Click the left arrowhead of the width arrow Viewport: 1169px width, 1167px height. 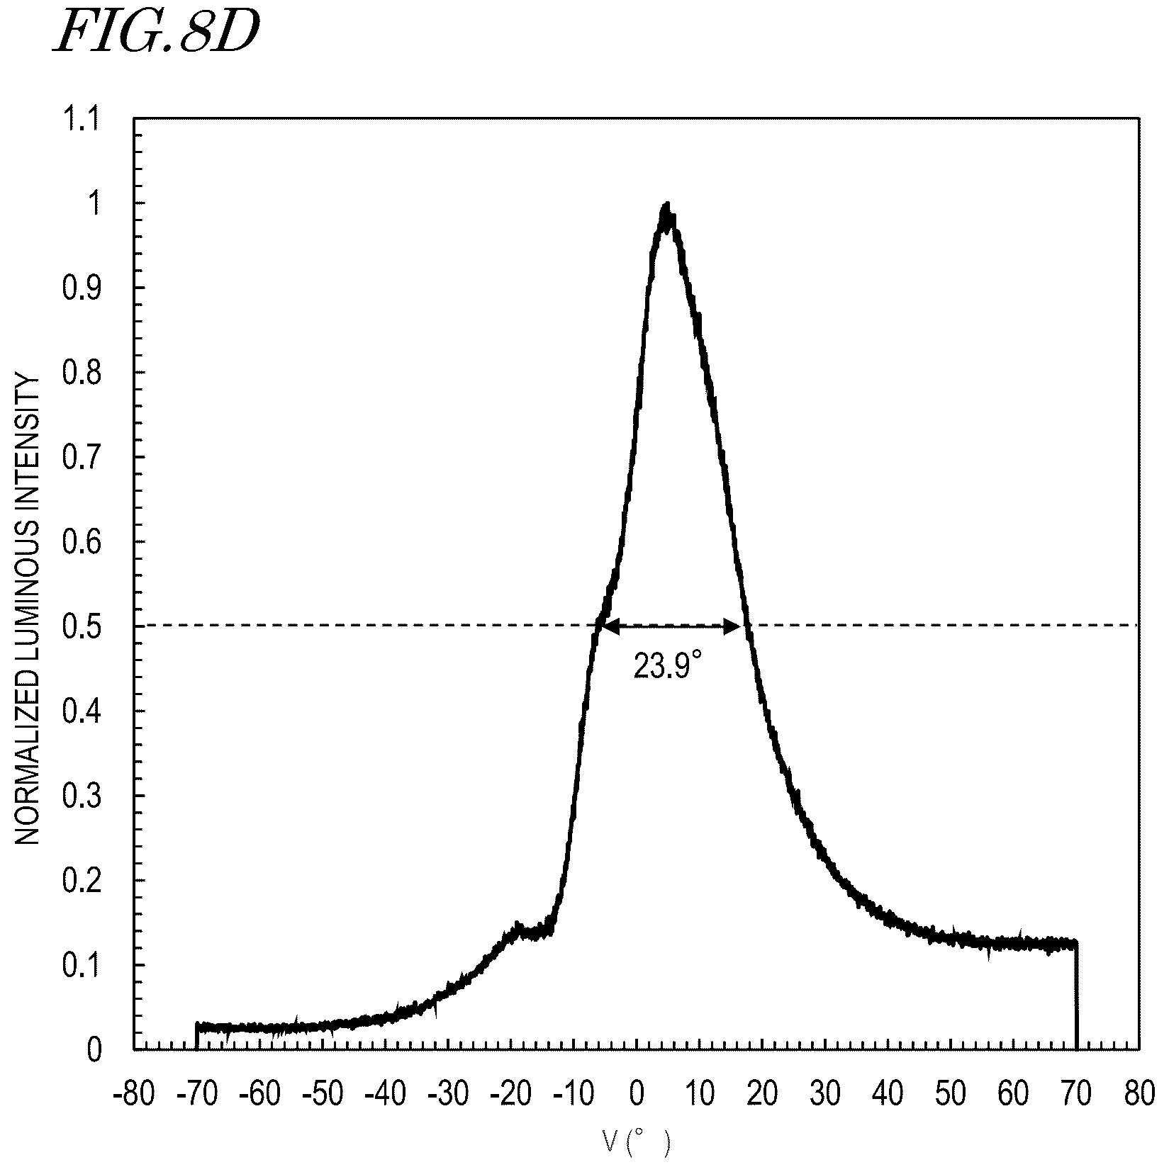[610, 626]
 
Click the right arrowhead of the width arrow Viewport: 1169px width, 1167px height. [732, 626]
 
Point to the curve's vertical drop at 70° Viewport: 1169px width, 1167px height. [1077, 995]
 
